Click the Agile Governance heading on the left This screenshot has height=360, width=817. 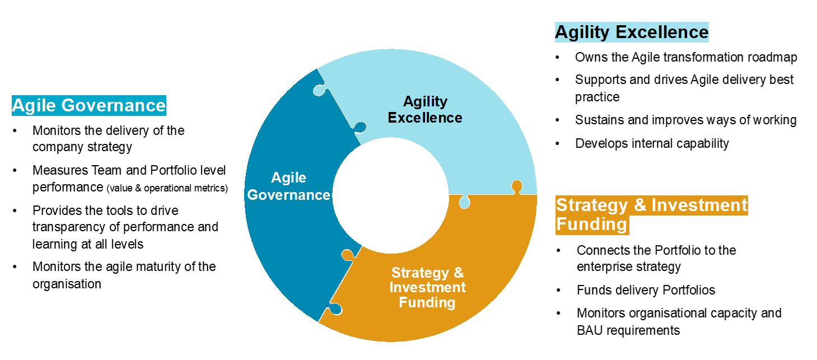(x=89, y=105)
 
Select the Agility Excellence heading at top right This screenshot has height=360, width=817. (x=632, y=32)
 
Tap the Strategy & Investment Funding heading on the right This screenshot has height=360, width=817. (x=652, y=214)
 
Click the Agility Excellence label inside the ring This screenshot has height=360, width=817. (x=425, y=109)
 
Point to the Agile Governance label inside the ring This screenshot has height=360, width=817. (x=288, y=186)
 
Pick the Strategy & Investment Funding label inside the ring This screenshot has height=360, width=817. (x=427, y=287)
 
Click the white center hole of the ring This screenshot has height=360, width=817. (x=391, y=195)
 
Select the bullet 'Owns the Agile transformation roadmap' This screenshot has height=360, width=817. (x=686, y=57)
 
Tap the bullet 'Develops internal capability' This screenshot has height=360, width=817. (x=652, y=144)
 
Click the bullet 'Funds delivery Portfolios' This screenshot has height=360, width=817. (x=646, y=290)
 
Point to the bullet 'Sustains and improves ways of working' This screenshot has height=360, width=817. (x=686, y=120)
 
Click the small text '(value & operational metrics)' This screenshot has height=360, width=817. (x=167, y=188)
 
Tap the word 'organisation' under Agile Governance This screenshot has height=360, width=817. (x=67, y=284)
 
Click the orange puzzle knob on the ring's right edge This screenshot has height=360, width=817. (x=516, y=187)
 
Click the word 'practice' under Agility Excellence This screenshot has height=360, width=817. (x=597, y=97)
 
